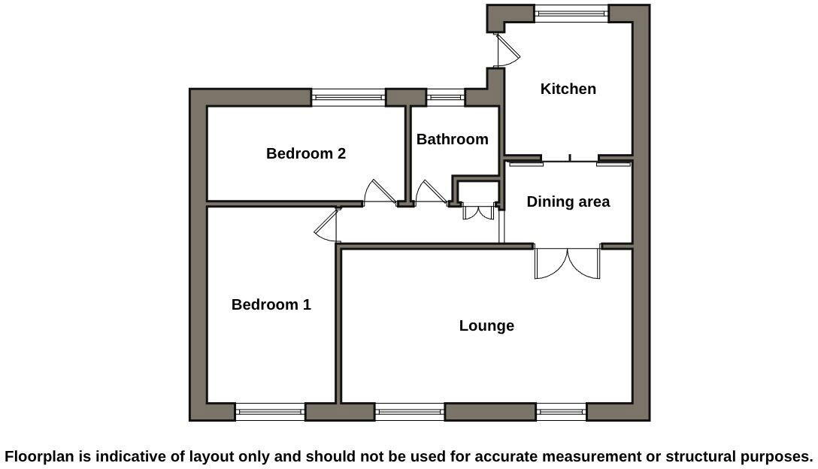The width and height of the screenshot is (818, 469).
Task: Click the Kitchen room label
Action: [x=568, y=89]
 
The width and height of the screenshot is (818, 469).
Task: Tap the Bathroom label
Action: [x=452, y=139]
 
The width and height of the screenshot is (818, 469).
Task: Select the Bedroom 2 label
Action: [x=305, y=153]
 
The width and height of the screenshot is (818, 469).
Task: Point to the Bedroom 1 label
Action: [x=271, y=304]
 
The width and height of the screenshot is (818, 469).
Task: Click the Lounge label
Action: [x=486, y=325]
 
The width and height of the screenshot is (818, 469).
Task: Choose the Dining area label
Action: [x=568, y=201]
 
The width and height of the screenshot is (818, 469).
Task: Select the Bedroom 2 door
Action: [x=380, y=193]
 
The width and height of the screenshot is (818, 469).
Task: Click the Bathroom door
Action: [x=431, y=193]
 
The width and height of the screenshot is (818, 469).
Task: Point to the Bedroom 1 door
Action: [x=328, y=225]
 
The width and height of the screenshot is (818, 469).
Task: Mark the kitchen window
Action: [x=571, y=13]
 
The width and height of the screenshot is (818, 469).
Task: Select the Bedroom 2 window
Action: [x=348, y=97]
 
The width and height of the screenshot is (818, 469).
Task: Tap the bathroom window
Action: [x=445, y=97]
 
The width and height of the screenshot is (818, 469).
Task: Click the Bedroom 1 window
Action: [x=270, y=411]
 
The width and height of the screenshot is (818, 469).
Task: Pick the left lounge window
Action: [x=409, y=411]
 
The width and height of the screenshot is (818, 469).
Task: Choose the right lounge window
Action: [x=561, y=411]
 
